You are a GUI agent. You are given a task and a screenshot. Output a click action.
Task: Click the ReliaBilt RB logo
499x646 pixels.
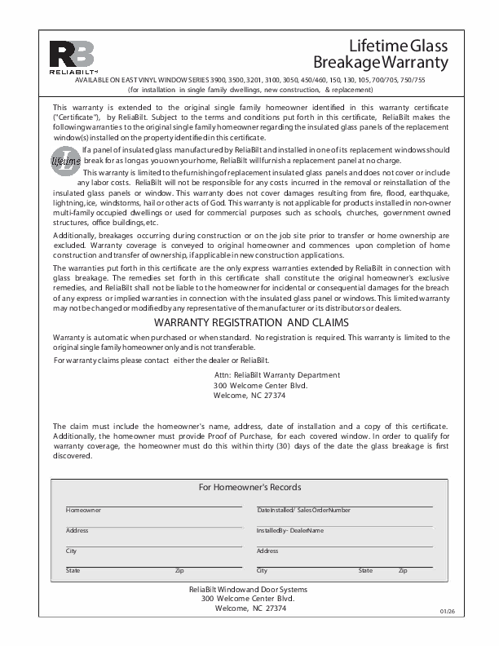[72, 56]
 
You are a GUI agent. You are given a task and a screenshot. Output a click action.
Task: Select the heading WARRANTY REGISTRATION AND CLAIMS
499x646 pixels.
[251, 323]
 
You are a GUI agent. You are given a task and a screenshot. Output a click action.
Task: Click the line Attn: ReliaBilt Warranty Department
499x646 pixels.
[276, 374]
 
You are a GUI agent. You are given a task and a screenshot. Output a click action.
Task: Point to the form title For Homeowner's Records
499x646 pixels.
[250, 487]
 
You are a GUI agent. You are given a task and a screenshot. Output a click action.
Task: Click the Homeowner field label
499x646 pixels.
[83, 510]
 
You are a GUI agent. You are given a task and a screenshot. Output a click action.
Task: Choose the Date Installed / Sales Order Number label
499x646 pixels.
[303, 510]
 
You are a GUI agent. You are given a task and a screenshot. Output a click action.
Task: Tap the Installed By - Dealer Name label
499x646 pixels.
[290, 530]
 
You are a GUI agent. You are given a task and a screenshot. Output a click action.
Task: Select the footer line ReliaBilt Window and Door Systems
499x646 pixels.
[249, 589]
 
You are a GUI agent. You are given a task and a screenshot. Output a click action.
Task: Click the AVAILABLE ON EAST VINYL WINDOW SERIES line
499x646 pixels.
[249, 82]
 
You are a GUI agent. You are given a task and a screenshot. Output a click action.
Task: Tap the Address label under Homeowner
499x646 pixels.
[77, 530]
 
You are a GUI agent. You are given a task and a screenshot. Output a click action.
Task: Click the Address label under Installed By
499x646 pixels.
[267, 551]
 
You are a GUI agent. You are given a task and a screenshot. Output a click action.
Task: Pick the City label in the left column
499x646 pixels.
[71, 551]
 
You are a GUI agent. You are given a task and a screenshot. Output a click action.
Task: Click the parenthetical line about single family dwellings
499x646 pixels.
[250, 90]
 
